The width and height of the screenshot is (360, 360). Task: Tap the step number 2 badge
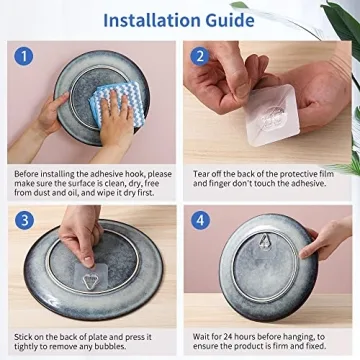click(x=200, y=56)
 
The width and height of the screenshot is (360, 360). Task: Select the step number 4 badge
click(x=200, y=220)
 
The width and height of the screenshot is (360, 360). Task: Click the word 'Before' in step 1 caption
click(x=28, y=173)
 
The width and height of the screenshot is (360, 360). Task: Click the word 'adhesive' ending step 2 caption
click(x=315, y=184)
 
